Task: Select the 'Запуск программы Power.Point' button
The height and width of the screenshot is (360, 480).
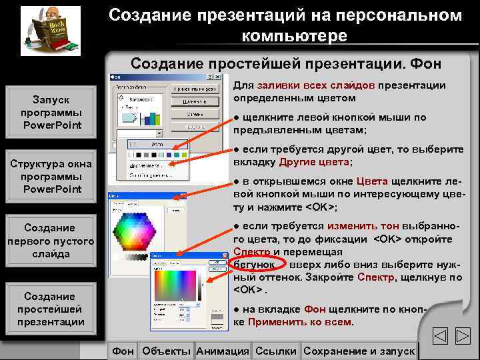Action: tap(50, 112)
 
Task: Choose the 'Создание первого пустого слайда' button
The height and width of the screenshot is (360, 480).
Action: tap(50, 241)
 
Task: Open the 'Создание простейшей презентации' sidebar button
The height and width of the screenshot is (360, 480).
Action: tap(50, 309)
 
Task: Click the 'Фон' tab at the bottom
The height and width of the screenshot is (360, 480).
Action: tap(122, 351)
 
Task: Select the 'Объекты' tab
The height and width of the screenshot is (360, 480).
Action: tap(166, 351)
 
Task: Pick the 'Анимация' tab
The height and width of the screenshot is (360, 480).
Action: tap(223, 351)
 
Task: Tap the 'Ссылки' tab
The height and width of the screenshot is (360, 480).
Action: tap(275, 351)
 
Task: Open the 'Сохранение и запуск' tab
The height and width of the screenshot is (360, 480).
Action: tap(358, 351)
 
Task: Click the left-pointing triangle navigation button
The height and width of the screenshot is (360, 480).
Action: tap(440, 337)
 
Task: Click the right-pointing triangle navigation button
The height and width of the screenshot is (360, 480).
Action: tap(464, 337)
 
